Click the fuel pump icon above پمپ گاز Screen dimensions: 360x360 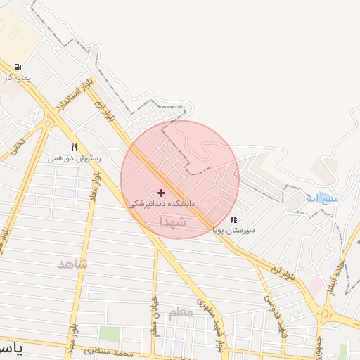click(x=17, y=67)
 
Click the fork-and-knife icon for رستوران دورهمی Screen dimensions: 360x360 click(x=74, y=148)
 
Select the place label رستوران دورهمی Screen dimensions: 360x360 click(x=74, y=158)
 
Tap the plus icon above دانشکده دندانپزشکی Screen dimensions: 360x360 click(x=162, y=192)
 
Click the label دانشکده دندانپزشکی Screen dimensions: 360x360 click(x=161, y=202)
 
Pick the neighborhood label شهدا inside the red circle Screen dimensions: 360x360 click(x=172, y=221)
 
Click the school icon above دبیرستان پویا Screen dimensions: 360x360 click(x=233, y=219)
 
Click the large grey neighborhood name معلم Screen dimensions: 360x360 click(x=181, y=312)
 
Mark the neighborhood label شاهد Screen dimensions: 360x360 click(x=72, y=264)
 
